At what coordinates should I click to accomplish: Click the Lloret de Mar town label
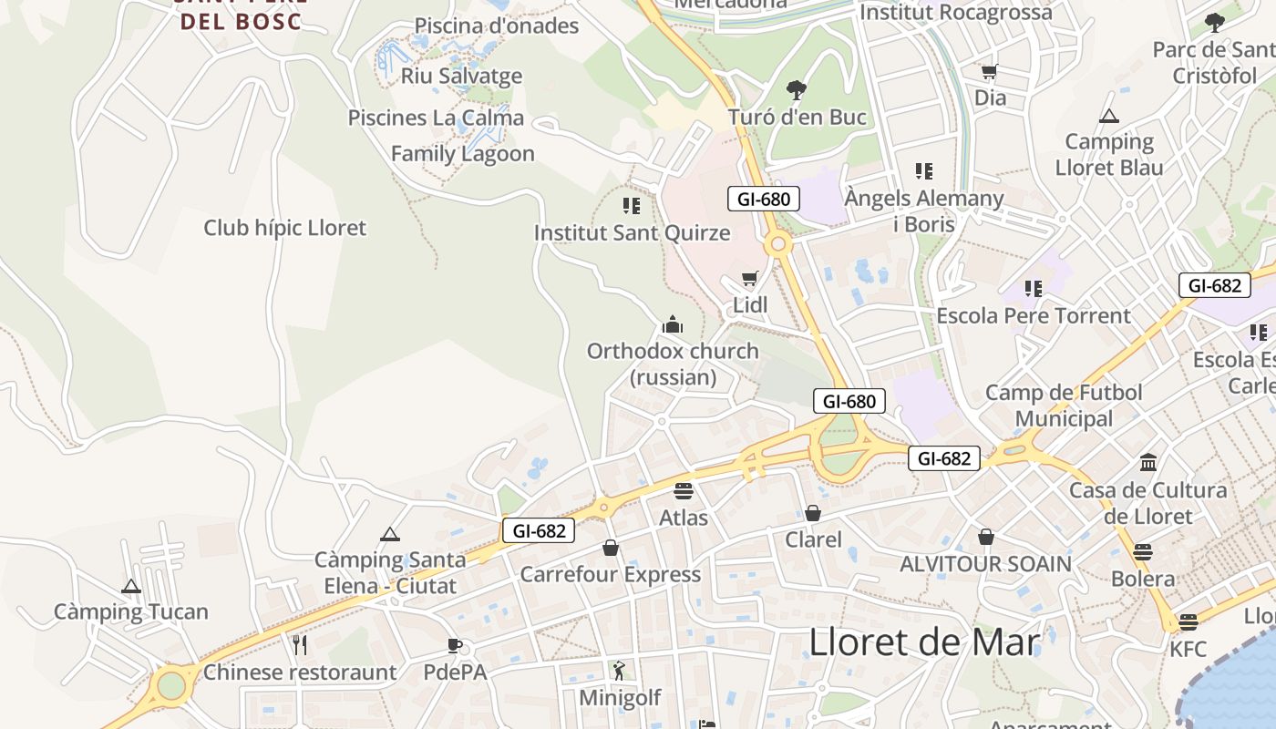click(924, 642)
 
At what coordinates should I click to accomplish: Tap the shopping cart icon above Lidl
click(749, 278)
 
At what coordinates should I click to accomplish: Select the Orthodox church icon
click(673, 324)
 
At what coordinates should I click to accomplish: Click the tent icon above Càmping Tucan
click(131, 586)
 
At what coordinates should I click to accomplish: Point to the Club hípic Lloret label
click(284, 228)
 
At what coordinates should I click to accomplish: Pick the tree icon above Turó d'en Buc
click(797, 89)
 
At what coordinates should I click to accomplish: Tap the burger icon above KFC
click(1188, 622)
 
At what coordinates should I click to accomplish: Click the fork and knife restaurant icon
click(300, 645)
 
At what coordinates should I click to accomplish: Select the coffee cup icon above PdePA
click(455, 646)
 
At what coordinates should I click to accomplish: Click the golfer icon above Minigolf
click(620, 671)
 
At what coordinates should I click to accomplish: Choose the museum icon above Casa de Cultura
click(1148, 462)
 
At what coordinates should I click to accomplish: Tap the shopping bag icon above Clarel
click(813, 513)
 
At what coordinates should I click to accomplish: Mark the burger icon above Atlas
click(684, 491)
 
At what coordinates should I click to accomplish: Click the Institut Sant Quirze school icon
click(631, 205)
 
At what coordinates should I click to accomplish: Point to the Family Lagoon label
click(463, 153)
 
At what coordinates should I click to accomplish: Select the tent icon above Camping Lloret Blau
click(1108, 116)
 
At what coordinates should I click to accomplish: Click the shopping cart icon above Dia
click(990, 71)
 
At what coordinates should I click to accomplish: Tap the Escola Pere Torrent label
click(1034, 315)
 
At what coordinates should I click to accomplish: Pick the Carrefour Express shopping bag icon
click(610, 548)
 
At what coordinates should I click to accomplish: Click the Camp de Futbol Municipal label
click(1064, 406)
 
